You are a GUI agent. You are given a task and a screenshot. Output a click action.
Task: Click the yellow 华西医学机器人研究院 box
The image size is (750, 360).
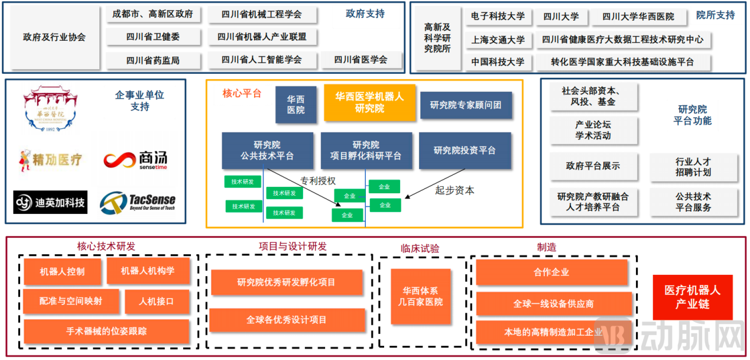coord(369,102)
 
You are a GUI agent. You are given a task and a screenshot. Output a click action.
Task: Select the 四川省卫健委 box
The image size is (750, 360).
coord(153,37)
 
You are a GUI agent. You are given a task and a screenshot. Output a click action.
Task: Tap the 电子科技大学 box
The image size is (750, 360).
coord(498,17)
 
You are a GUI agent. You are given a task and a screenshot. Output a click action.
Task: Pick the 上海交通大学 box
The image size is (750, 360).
coord(498,40)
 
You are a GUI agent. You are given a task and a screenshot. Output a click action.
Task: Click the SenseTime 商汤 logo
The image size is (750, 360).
coord(135,160)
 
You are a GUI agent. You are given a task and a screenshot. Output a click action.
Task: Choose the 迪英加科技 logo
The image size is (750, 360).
coord(51,203)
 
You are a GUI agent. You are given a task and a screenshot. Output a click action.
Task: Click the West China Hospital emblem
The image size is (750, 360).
coord(51,109)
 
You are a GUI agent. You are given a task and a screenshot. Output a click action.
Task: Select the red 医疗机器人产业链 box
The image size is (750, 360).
coord(692,297)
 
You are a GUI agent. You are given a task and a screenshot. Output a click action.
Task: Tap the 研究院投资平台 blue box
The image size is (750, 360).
coord(465,151)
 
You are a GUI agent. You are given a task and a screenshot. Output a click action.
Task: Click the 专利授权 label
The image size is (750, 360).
coord(317,181)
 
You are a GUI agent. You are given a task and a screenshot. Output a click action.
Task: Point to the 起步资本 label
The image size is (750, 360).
coord(454,190)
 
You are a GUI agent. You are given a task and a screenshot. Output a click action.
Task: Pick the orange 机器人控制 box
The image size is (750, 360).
coord(62,272)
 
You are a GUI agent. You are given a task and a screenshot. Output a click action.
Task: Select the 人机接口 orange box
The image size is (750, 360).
coord(157,301)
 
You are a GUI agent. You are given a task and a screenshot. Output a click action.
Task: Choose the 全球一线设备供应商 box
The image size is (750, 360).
coord(551,304)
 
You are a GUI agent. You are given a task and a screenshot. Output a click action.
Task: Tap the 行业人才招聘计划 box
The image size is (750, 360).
coord(693,167)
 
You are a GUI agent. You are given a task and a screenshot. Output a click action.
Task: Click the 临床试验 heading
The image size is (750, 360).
coord(420,249)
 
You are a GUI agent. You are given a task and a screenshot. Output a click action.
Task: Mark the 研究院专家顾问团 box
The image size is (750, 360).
coord(465,105)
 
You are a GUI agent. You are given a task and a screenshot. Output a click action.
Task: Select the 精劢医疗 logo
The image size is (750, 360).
coord(51,159)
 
